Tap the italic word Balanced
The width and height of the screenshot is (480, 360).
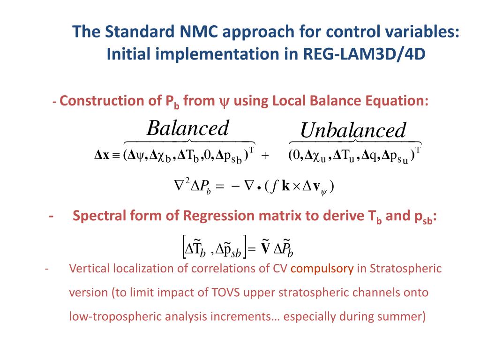coord(187,128)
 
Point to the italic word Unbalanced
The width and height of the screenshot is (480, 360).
coord(353,130)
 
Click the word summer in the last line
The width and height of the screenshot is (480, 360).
coord(401,316)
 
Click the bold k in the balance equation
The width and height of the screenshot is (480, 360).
coord(285,186)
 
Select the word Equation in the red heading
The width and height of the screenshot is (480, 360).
coord(402,101)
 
